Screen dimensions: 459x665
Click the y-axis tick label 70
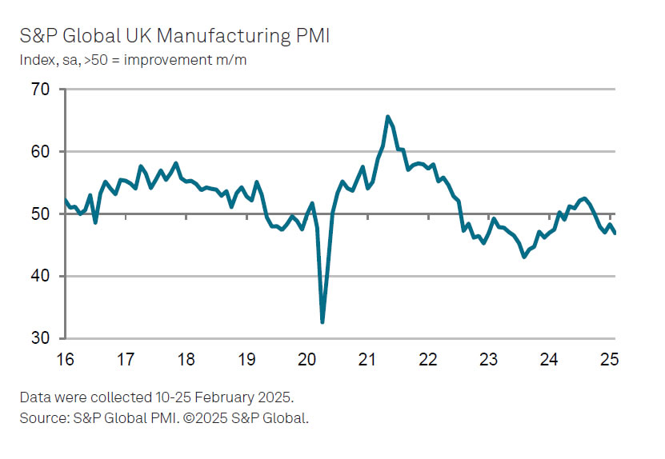point(41,90)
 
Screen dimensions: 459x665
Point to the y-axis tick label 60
point(41,152)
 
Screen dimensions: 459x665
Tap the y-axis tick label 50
point(41,214)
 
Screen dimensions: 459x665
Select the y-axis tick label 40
point(41,276)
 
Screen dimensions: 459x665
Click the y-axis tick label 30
point(41,338)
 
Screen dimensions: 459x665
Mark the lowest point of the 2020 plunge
point(322,321)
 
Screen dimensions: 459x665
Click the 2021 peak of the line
point(388,117)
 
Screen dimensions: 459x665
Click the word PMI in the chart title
point(314,36)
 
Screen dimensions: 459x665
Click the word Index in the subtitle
point(34,61)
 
